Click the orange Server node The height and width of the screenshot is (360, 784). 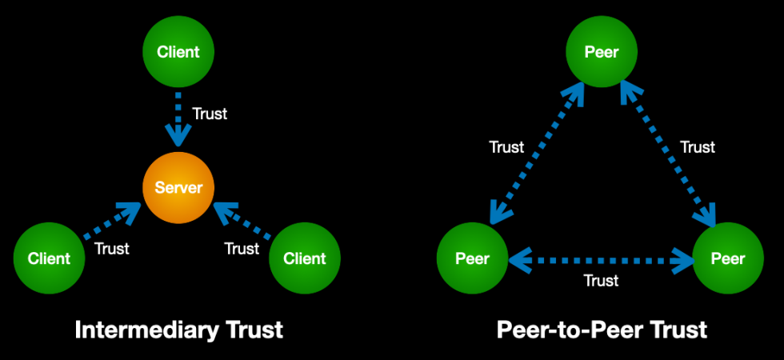coord(178,187)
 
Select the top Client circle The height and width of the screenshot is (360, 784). coord(178,53)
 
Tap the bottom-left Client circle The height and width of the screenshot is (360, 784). coord(50,258)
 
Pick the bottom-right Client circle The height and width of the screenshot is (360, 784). coord(305,258)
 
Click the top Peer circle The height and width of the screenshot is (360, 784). coord(602,53)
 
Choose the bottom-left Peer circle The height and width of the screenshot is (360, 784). coord(472,258)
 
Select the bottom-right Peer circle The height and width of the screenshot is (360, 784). coord(728,258)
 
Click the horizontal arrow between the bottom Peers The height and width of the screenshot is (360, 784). coord(601,259)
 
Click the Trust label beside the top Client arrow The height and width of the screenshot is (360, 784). coord(210,114)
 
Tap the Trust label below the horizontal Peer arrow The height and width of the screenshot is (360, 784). coord(601,281)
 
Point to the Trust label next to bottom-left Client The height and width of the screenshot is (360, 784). coord(111,248)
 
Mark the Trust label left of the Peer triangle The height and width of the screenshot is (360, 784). coord(506,147)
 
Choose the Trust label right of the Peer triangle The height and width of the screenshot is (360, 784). coord(697,147)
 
